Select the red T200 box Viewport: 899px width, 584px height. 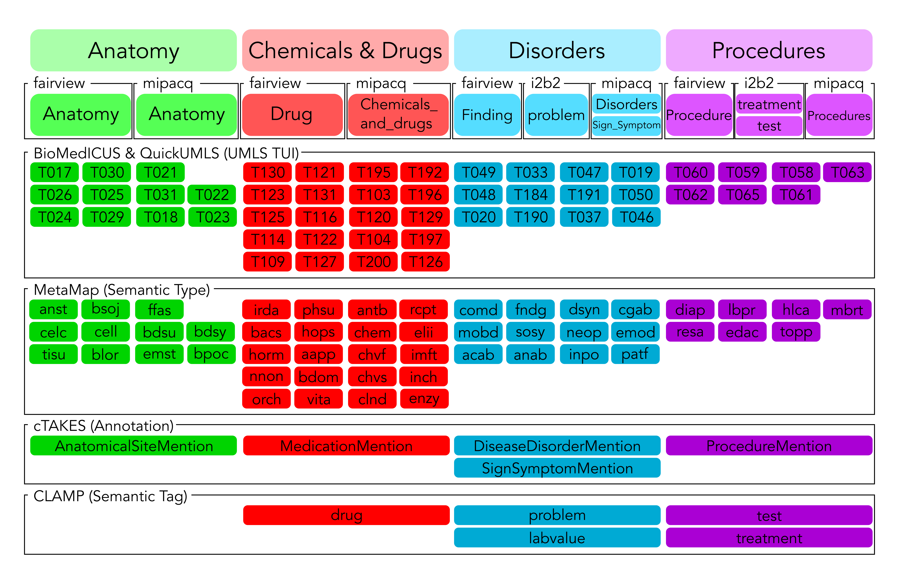tap(373, 262)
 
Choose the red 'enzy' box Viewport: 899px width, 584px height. tap(424, 399)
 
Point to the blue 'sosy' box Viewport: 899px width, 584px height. tap(530, 332)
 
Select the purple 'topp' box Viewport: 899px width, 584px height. tap(796, 332)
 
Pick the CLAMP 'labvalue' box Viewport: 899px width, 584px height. tap(557, 538)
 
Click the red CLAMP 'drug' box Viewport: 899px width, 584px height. tap(346, 515)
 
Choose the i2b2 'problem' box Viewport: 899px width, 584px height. tap(556, 115)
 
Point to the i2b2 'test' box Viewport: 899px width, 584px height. tap(769, 126)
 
